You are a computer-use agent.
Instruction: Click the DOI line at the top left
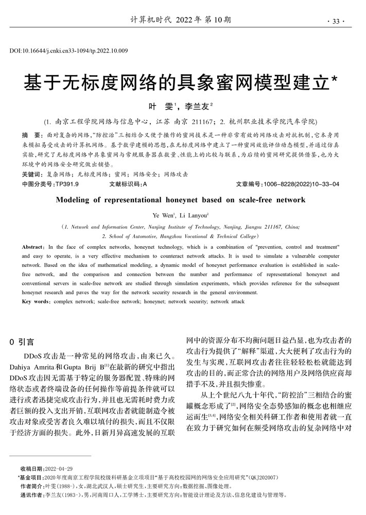pos(69,50)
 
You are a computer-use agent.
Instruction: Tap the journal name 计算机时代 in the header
pos(151,21)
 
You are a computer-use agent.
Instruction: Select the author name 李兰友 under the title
pos(198,107)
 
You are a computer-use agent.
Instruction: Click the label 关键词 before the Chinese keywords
pos(32,175)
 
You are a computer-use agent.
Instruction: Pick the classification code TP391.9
pos(67,183)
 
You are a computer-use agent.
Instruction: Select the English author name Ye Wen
pos(163,215)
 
